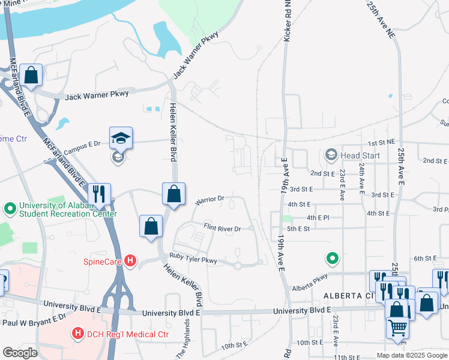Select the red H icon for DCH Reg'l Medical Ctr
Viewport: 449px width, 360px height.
(77, 333)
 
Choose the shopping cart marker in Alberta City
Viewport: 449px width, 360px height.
(397, 328)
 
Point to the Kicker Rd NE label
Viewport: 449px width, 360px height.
(288, 21)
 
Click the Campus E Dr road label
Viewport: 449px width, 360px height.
(82, 148)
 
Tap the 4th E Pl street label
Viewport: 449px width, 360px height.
(318, 217)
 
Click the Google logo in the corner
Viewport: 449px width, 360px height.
(20, 353)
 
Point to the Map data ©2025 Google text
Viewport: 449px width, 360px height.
(411, 355)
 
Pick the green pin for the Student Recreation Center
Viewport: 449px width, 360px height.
(9, 208)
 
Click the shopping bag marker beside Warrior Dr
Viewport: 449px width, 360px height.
(173, 194)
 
